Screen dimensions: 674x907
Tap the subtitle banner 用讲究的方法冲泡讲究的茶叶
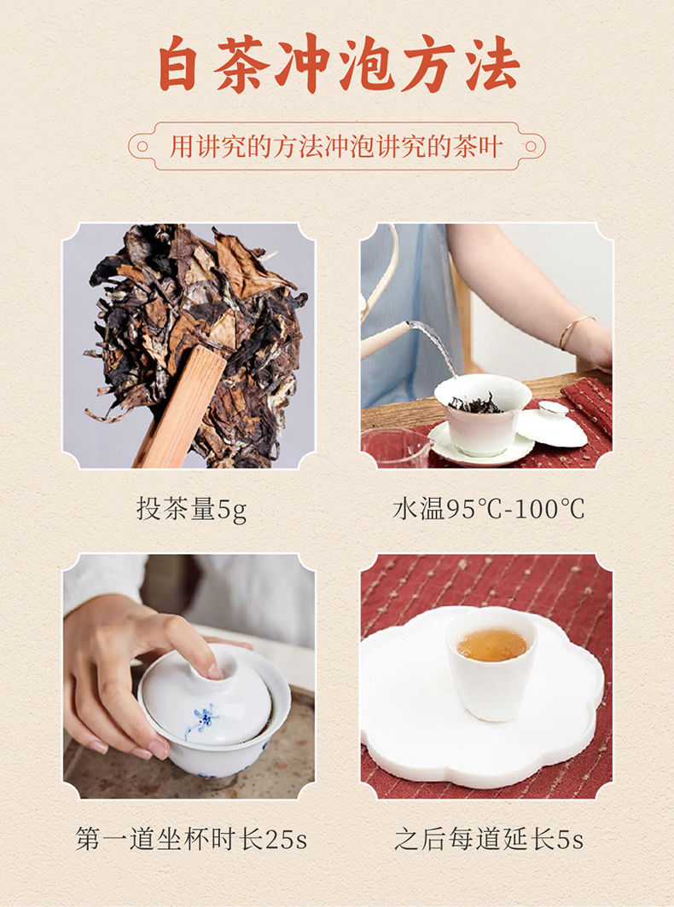click(336, 147)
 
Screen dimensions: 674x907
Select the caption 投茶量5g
click(192, 510)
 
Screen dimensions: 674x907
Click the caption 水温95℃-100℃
click(488, 510)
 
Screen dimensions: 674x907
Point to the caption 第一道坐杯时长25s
click(191, 839)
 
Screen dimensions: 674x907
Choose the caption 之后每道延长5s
click(489, 839)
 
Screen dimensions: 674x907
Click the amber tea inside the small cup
click(492, 644)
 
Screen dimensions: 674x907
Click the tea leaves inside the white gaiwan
click(476, 404)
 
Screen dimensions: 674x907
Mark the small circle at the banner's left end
click(142, 147)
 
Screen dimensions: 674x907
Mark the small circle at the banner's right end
click(531, 147)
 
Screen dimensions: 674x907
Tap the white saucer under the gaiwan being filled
click(481, 447)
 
